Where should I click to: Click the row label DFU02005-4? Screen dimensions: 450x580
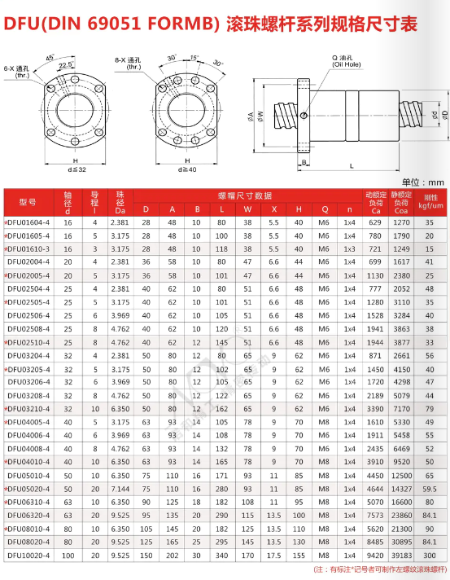(x=28, y=275)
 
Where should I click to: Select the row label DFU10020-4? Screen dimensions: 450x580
(x=28, y=556)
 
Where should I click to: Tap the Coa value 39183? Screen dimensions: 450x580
(x=401, y=556)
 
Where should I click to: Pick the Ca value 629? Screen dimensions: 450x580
(x=375, y=222)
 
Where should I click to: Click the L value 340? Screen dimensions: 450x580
(x=221, y=556)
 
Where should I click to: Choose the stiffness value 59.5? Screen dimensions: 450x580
(x=430, y=489)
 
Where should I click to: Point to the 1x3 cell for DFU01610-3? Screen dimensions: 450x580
(x=350, y=249)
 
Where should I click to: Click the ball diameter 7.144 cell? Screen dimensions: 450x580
(x=120, y=489)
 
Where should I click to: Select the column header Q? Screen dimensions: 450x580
(x=325, y=209)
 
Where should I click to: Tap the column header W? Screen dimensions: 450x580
(x=247, y=209)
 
